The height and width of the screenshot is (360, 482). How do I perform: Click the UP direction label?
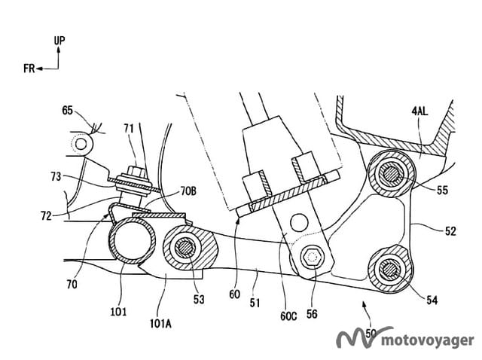tap(59, 40)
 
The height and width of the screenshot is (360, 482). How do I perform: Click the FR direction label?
tap(29, 69)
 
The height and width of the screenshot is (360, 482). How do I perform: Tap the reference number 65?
tap(67, 110)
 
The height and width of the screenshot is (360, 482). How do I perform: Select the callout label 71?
tap(129, 128)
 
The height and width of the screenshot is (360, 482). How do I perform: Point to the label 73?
tap(56, 176)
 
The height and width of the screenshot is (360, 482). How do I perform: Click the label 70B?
tap(188, 191)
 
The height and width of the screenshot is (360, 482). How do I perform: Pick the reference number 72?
tap(46, 216)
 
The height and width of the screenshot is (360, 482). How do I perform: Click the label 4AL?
tap(419, 111)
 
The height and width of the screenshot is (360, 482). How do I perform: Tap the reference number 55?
tap(442, 191)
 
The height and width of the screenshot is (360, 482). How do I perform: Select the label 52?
tap(450, 231)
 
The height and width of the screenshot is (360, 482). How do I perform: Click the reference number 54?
tap(432, 300)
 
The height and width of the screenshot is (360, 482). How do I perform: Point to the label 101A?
tap(160, 323)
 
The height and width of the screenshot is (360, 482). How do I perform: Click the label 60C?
tap(288, 316)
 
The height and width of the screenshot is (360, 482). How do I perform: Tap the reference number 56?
tap(312, 314)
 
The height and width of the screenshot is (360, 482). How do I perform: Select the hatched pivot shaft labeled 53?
tap(185, 249)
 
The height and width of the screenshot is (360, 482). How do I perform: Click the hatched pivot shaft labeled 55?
tap(391, 174)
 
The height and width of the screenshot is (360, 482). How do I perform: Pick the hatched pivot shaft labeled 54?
tap(390, 270)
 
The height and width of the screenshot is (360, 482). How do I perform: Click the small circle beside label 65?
tap(81, 144)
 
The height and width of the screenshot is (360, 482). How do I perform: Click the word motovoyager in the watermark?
tap(427, 340)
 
